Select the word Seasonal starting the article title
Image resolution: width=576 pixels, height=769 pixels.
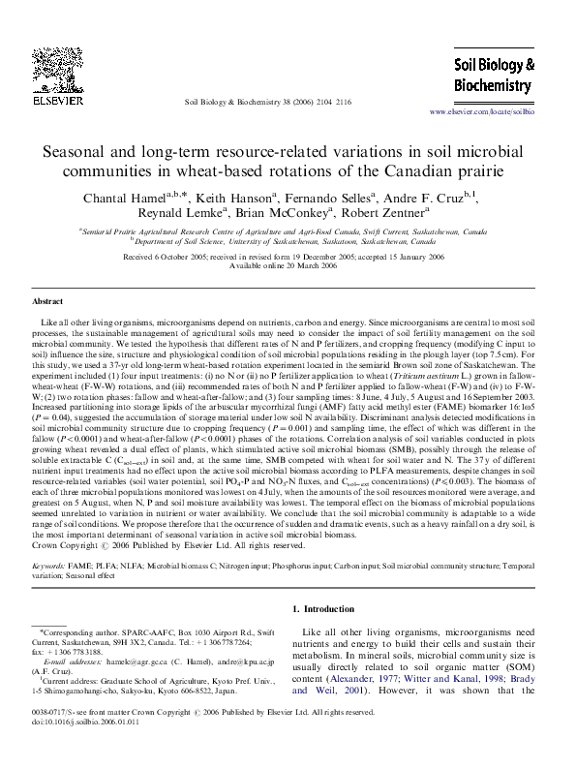(x=80, y=153)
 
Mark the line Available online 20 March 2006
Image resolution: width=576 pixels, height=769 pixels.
(x=288, y=265)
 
